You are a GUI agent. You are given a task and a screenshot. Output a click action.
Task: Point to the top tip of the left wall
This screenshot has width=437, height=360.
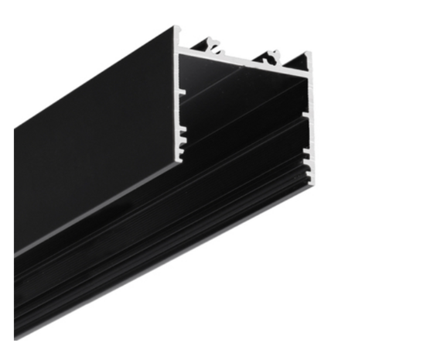(x=176, y=29)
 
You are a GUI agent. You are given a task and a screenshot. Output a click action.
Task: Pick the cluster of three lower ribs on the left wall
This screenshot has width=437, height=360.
(x=183, y=139)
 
